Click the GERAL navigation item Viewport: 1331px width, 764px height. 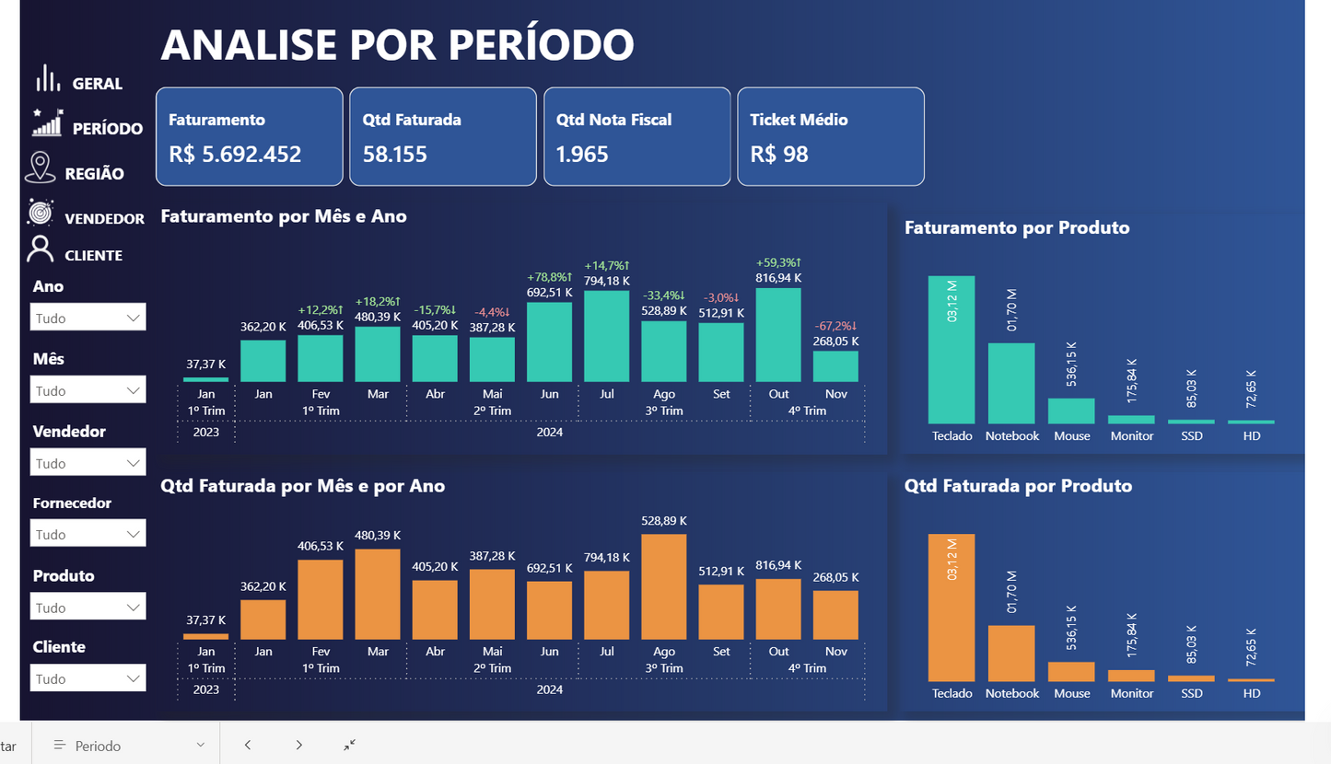(x=97, y=84)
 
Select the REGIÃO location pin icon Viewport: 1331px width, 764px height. (x=40, y=168)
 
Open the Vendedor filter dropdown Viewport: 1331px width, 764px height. (x=88, y=462)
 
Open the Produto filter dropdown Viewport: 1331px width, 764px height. (x=88, y=607)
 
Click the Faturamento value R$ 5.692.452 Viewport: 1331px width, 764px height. (x=235, y=154)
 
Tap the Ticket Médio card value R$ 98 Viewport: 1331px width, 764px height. (x=779, y=154)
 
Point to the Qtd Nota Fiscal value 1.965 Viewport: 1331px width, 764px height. (x=582, y=154)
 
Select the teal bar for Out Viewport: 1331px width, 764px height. (x=778, y=335)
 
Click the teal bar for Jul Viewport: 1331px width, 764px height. (x=606, y=336)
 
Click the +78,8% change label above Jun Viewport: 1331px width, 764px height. (x=549, y=277)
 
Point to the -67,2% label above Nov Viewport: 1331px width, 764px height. (x=835, y=326)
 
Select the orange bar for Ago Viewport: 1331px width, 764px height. (x=663, y=586)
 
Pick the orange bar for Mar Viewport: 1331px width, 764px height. (x=378, y=594)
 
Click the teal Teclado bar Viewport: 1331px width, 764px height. (x=952, y=350)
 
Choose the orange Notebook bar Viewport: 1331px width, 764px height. (x=1011, y=653)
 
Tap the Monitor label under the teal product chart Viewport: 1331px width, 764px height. (x=1131, y=435)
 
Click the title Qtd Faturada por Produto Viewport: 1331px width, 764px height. (x=1018, y=485)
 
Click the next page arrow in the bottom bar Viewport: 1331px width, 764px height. (x=298, y=745)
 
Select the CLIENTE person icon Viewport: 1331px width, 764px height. (x=41, y=249)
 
